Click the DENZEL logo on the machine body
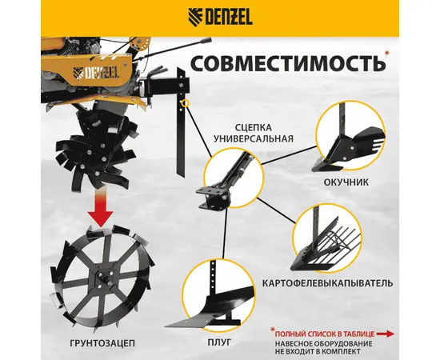tap(96, 74)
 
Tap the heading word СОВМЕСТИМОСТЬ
tap(288, 63)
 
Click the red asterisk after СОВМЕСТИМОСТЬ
tap(387, 53)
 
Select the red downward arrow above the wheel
tap(100, 208)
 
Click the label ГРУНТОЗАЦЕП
tap(102, 343)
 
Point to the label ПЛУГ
tap(219, 342)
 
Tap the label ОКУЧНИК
tap(346, 182)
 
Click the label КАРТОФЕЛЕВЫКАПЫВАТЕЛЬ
tap(328, 283)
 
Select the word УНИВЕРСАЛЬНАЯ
tap(253, 138)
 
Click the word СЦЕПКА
tap(253, 128)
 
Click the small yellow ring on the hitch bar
tap(185, 103)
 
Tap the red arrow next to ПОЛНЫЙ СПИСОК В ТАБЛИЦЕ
tap(386, 334)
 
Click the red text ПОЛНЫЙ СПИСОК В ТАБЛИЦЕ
tap(325, 334)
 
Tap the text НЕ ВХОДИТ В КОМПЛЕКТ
tap(318, 351)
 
